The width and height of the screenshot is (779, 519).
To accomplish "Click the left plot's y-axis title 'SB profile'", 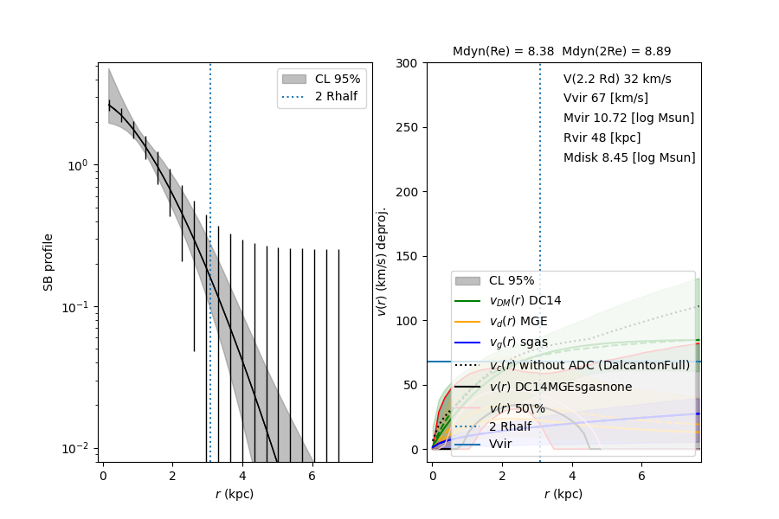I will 49,261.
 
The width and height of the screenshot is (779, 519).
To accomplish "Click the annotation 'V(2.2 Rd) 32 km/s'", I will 617,79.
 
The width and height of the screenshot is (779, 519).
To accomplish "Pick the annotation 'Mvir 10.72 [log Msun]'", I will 628,118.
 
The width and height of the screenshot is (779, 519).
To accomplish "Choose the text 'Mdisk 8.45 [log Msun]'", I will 629,157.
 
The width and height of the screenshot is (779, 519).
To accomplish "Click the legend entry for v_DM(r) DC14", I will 525,301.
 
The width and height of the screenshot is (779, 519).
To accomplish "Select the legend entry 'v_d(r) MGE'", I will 518,322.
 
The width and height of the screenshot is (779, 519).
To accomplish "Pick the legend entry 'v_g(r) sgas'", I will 519,343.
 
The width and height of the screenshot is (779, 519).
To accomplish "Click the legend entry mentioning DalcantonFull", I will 589,365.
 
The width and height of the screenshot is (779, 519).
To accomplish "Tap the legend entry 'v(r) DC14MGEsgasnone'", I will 560,387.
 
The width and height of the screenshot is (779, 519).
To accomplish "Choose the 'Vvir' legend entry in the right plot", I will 500,444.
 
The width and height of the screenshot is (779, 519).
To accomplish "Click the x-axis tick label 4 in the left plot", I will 242,476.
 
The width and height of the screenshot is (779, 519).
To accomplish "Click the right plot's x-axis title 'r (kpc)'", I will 563,494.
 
